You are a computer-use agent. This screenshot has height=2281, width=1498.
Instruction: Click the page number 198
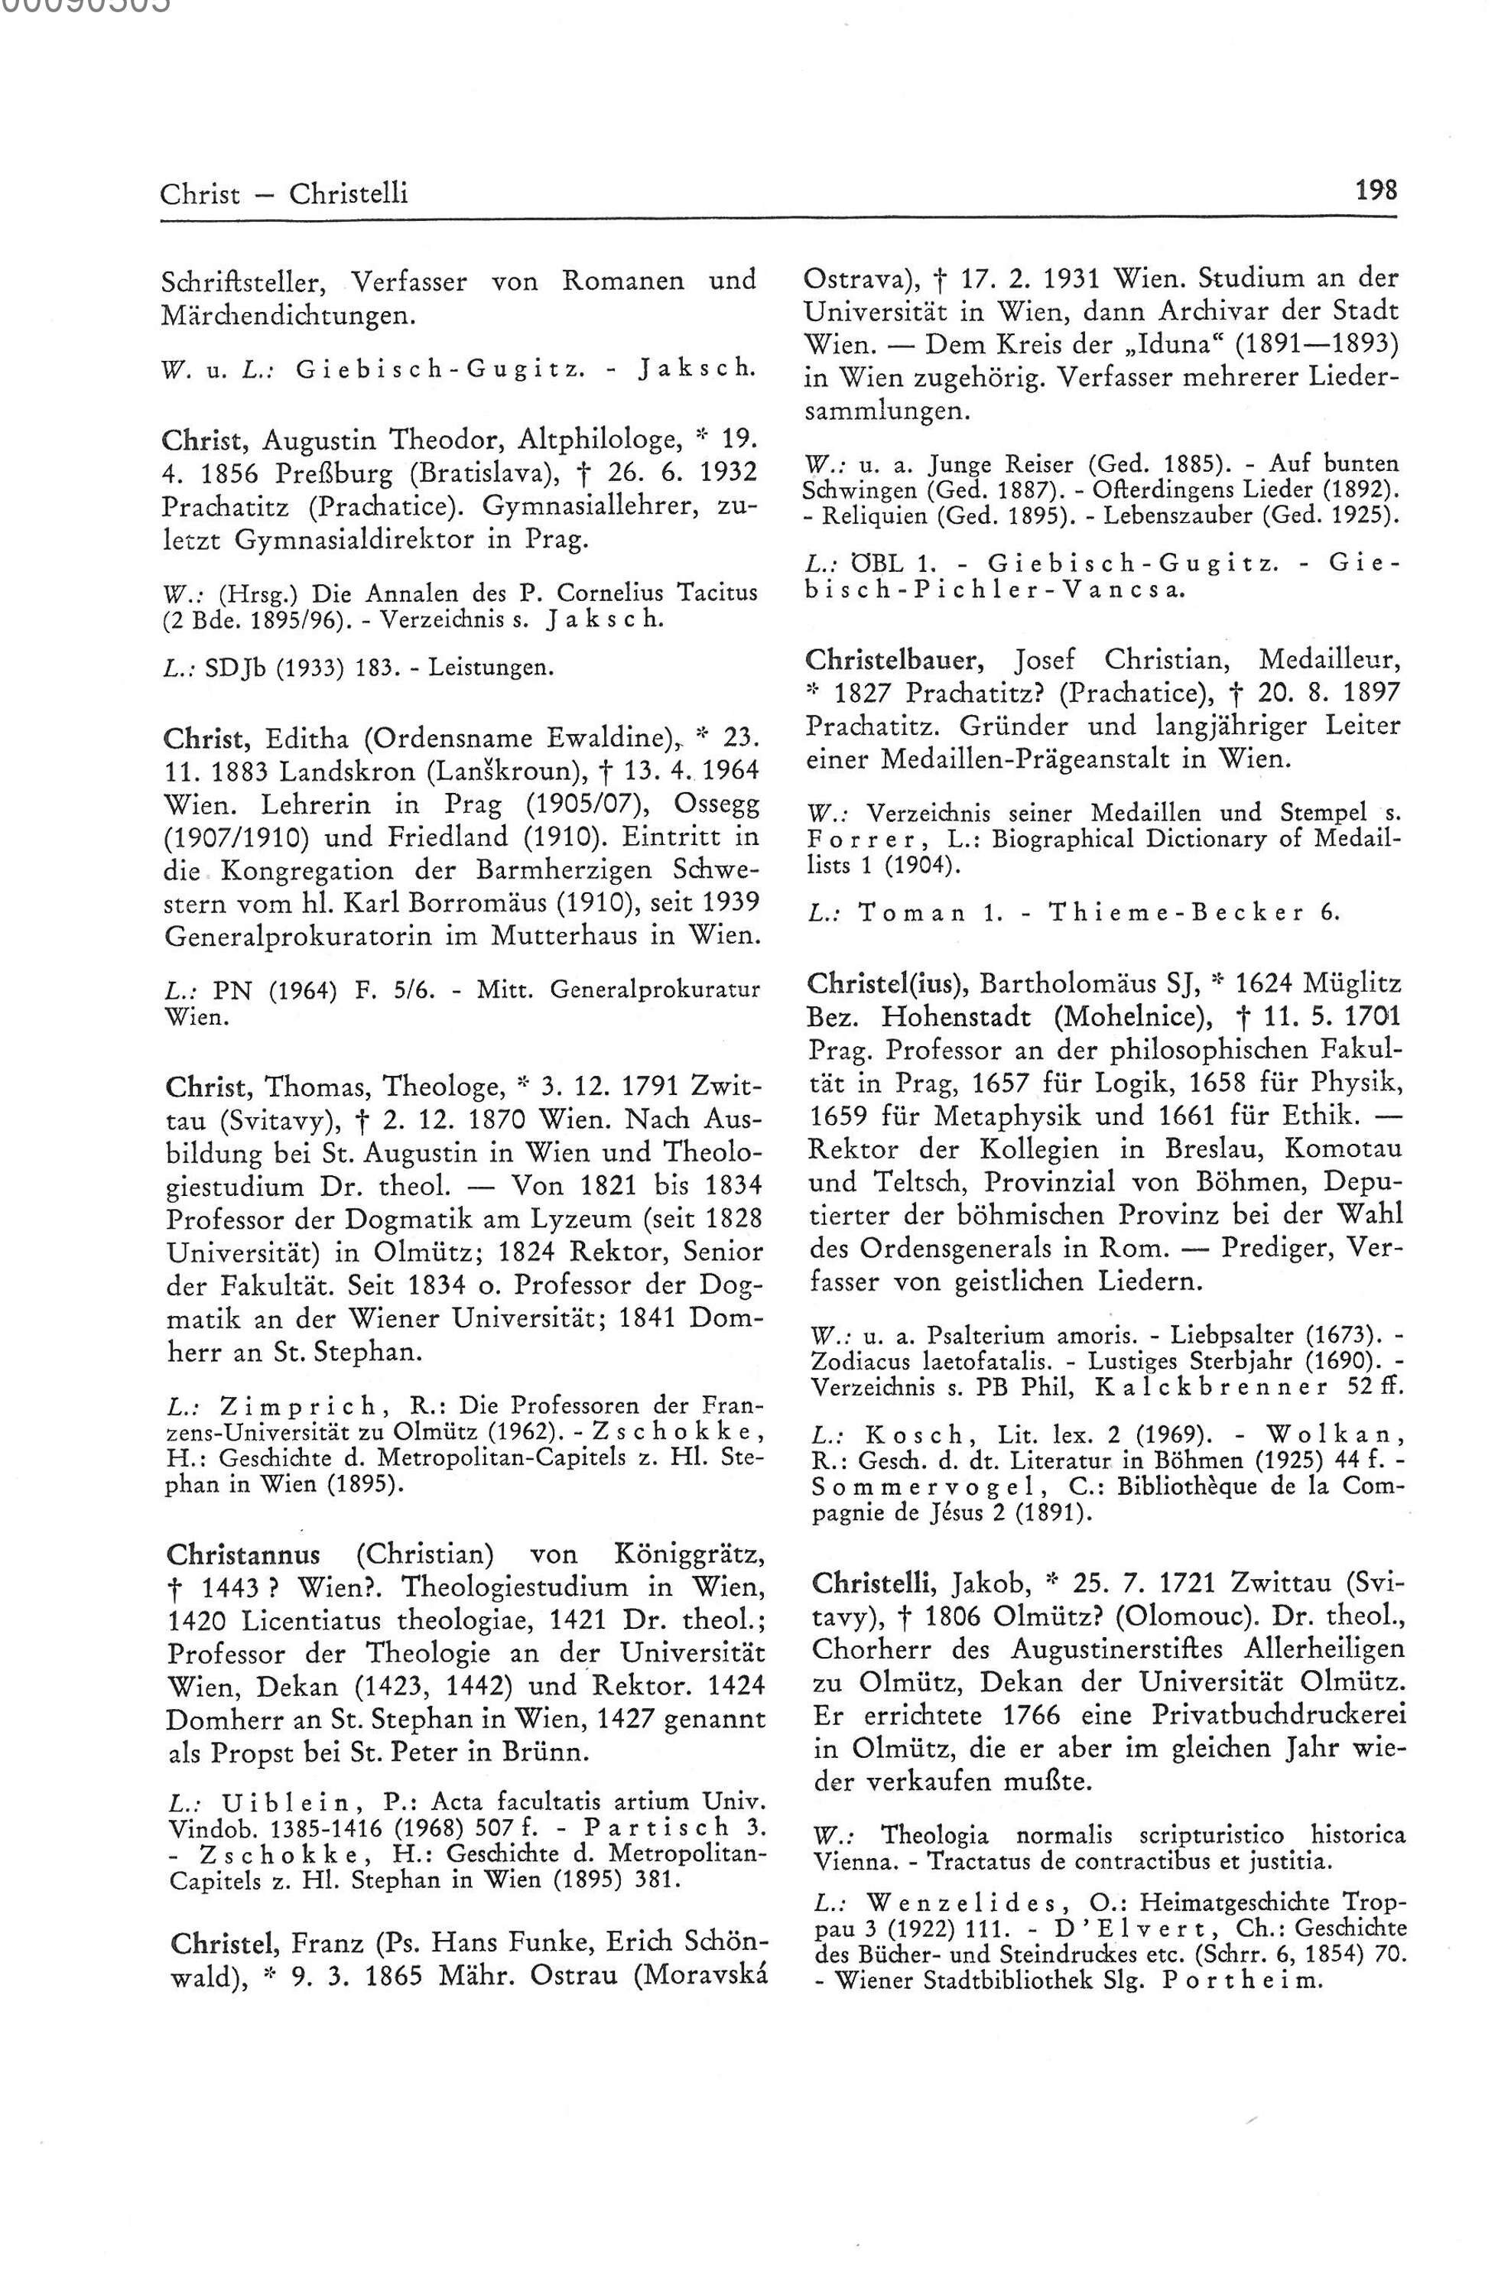(x=1376, y=189)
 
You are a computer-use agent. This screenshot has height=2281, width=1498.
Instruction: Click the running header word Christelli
(x=349, y=193)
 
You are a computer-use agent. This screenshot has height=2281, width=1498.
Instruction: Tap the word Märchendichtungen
(x=291, y=314)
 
